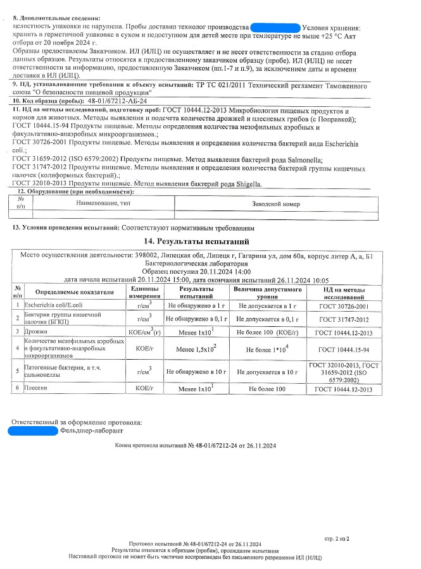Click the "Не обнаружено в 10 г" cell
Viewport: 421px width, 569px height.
tap(197, 373)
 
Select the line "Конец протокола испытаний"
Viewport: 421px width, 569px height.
tap(196, 446)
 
